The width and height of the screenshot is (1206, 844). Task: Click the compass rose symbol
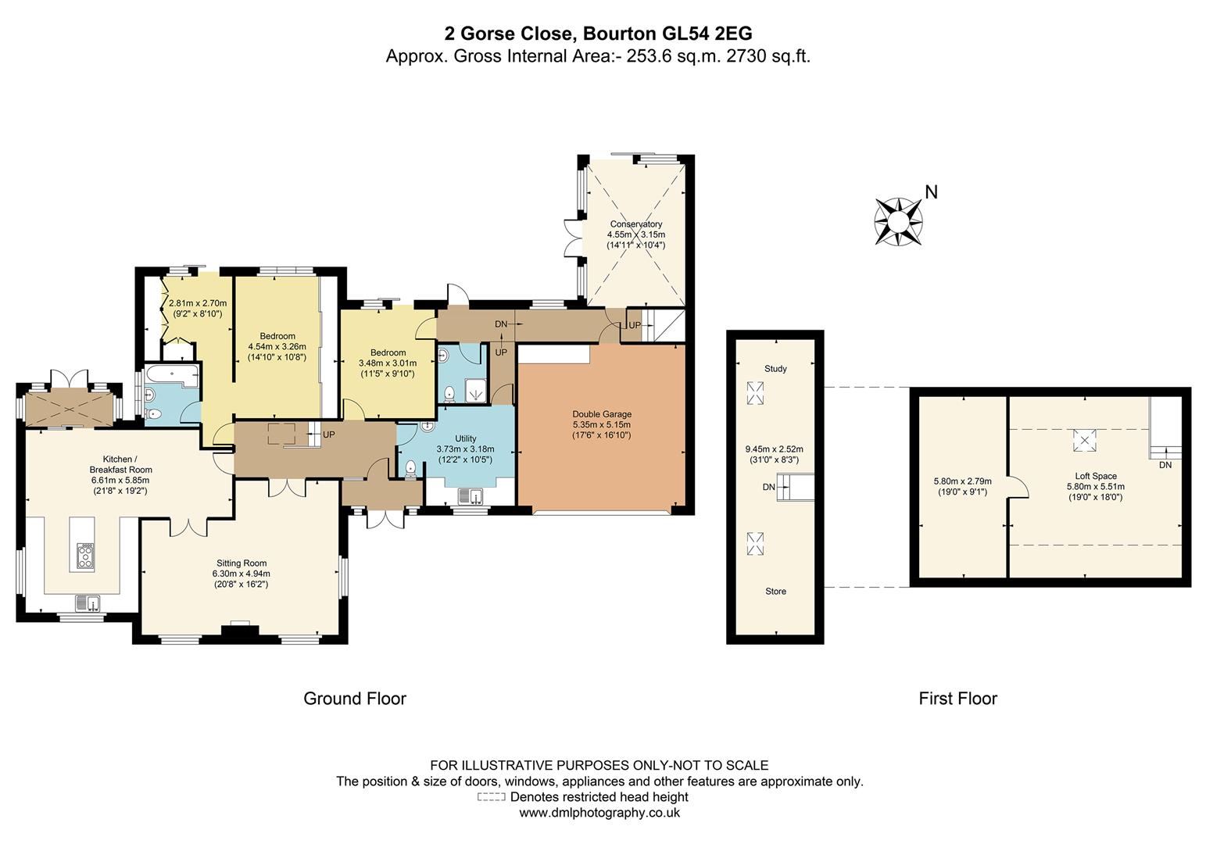click(x=898, y=222)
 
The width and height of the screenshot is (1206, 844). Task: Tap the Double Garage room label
click(x=601, y=414)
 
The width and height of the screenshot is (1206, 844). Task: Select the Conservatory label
click(x=636, y=224)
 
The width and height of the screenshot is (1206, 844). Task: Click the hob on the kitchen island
click(x=86, y=556)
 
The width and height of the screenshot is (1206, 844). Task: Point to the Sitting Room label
click(x=241, y=563)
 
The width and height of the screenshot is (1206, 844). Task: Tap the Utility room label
click(x=465, y=438)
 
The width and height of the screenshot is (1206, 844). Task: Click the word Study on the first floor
click(x=775, y=369)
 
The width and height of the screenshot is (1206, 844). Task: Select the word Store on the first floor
click(x=775, y=591)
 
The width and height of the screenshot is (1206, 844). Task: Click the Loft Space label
click(x=1096, y=476)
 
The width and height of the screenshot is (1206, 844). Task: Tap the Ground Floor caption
click(x=355, y=698)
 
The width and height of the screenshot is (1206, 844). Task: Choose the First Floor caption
click(x=957, y=698)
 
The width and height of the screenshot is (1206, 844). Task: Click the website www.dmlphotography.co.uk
click(x=599, y=813)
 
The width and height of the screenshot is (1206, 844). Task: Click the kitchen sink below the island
click(x=87, y=603)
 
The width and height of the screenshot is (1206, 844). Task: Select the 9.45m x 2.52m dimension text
click(x=774, y=449)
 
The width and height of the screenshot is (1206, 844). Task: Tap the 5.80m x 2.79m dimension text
click(x=962, y=481)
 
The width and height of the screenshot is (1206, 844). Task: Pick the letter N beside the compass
click(x=932, y=191)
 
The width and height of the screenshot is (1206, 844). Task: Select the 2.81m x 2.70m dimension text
click(x=198, y=303)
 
